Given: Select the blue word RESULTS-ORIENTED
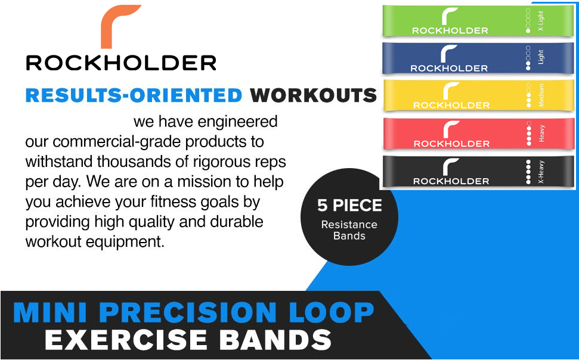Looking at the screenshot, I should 134,95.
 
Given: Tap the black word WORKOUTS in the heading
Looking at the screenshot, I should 313,95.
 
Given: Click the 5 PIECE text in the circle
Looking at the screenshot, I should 349,206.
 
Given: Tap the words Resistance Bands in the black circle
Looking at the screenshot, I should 349,230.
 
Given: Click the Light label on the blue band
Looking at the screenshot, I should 541,57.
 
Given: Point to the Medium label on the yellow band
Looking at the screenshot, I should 541,95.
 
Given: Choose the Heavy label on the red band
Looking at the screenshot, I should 541,133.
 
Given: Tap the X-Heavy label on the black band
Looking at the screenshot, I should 541,170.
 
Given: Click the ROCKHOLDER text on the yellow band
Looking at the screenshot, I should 451,105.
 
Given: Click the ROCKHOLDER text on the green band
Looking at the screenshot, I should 450,30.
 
